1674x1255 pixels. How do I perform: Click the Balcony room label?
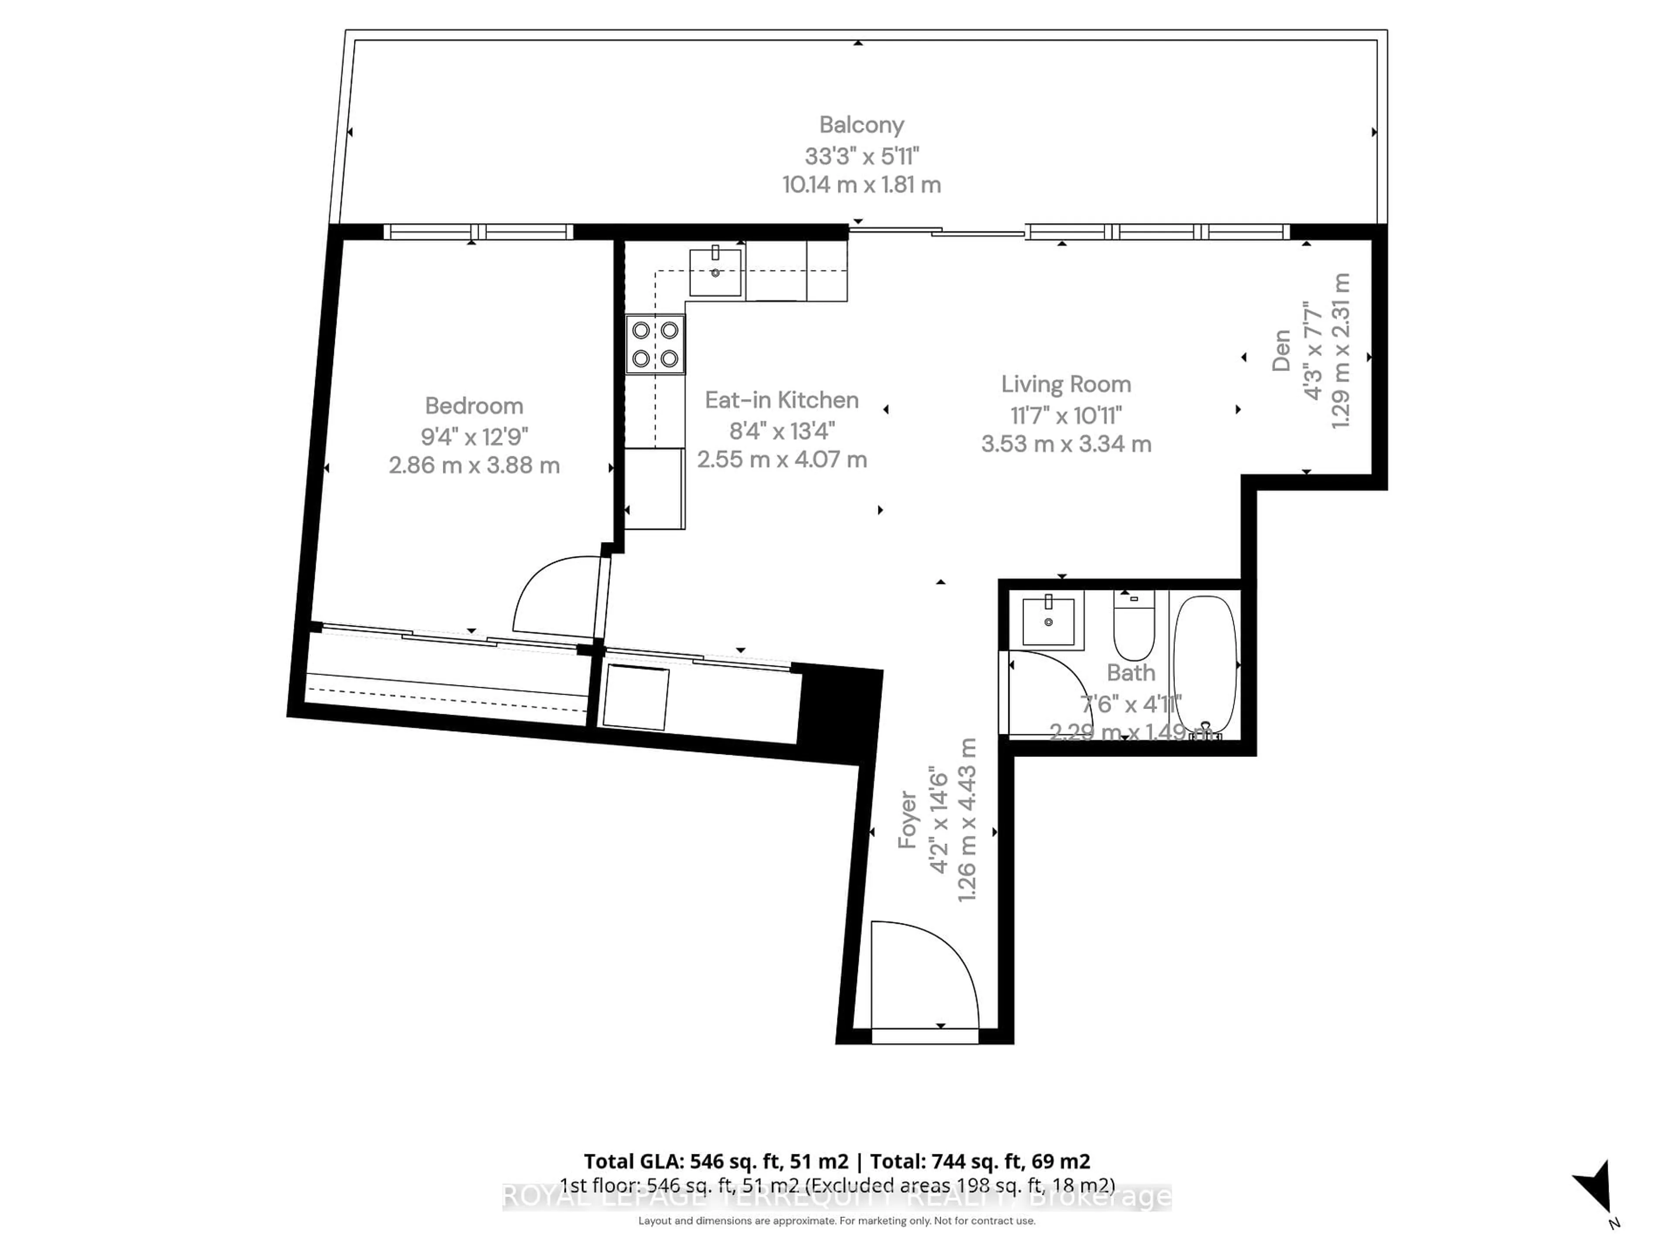861,125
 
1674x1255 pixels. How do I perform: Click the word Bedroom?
474,406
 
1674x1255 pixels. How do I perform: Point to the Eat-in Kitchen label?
781,400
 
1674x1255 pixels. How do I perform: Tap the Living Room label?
1065,384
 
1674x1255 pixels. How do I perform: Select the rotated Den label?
1280,350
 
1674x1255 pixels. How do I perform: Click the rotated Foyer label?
907,820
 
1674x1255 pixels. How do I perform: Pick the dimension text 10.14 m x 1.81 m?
861,185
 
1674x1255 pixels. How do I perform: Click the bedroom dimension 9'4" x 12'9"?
474,437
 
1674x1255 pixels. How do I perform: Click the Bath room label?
1131,672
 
